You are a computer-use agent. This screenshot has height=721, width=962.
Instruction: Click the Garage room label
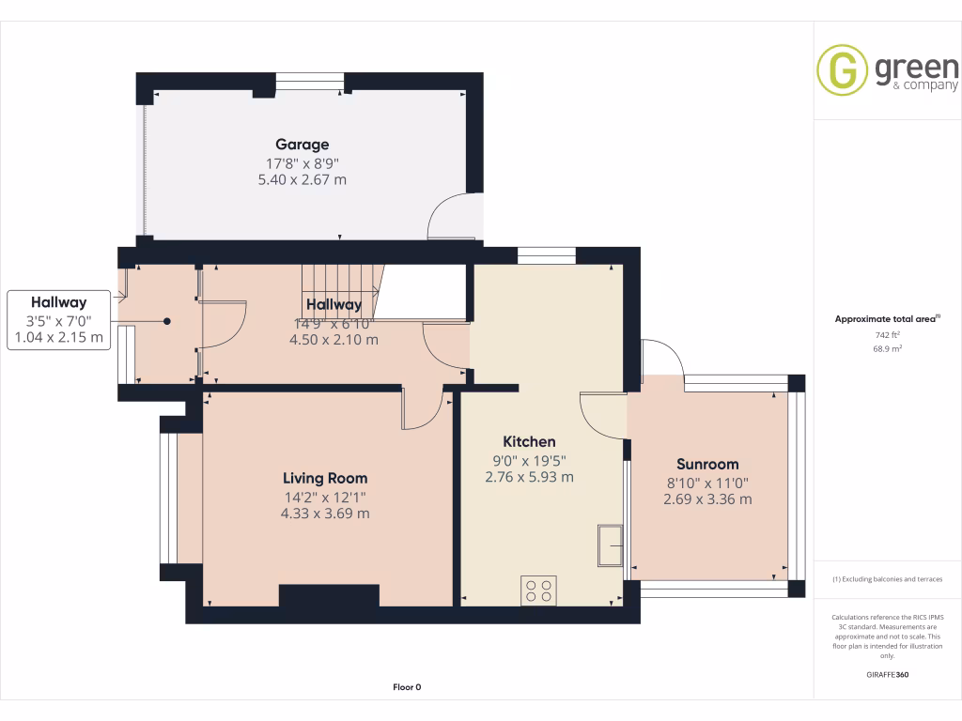click(x=302, y=145)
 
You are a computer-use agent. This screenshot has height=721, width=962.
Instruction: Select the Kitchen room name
click(x=529, y=441)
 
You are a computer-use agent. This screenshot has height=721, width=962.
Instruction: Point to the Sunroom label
click(x=707, y=464)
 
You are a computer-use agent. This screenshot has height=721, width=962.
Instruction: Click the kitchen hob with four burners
click(x=538, y=591)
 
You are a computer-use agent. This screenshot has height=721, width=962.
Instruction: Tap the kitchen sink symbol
click(x=608, y=545)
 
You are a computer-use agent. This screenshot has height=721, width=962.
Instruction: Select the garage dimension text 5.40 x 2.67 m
click(x=302, y=179)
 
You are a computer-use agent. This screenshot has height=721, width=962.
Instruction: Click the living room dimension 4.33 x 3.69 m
click(x=325, y=514)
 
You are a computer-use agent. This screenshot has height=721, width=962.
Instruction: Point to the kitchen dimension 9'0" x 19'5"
click(x=529, y=460)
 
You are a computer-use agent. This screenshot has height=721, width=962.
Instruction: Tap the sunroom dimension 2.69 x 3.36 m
click(x=707, y=499)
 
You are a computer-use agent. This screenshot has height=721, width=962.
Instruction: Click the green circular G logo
click(x=842, y=70)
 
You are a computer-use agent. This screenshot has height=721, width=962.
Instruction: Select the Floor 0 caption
click(x=407, y=687)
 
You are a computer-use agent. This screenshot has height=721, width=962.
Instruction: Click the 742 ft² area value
click(x=887, y=335)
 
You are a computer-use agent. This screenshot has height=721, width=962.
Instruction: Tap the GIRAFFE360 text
click(x=887, y=674)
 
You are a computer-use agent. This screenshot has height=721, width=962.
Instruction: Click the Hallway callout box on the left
click(x=58, y=320)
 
